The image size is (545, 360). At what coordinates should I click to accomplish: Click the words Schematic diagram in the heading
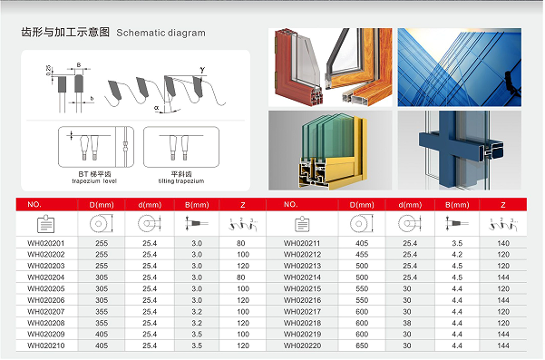[161, 33]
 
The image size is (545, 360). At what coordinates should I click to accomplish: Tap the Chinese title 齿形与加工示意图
[65, 32]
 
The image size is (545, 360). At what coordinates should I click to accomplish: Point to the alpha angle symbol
[157, 106]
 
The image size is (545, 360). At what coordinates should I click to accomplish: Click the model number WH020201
[46, 244]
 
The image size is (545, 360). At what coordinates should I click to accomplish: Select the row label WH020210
[46, 345]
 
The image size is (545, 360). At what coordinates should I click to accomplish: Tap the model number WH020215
[302, 288]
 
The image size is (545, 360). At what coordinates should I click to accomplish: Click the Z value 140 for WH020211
[502, 244]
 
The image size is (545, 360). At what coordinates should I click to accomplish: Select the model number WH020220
[302, 345]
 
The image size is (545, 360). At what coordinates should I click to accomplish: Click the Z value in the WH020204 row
[242, 277]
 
